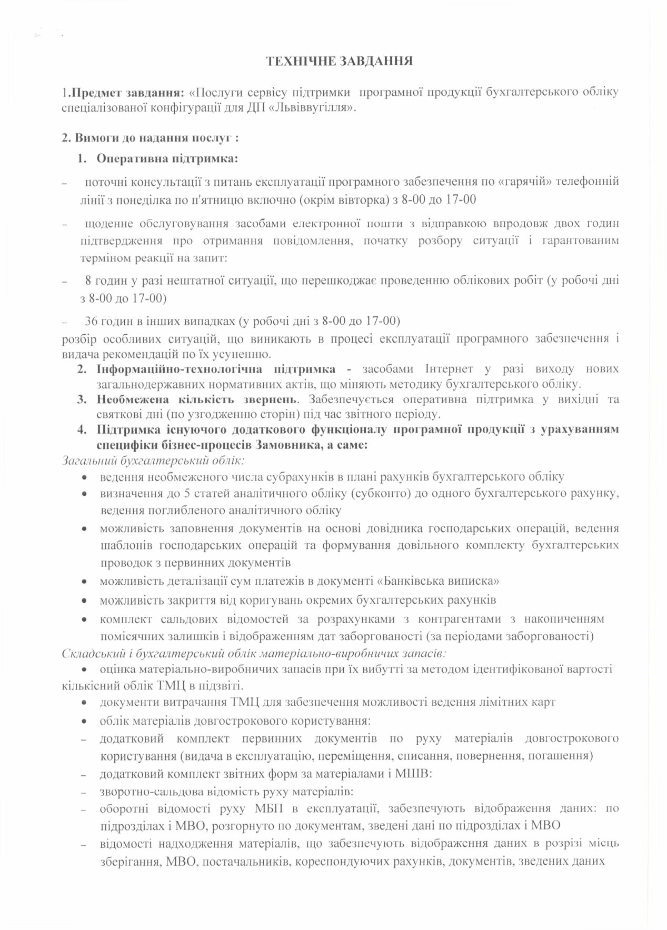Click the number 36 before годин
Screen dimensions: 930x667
(91, 321)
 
